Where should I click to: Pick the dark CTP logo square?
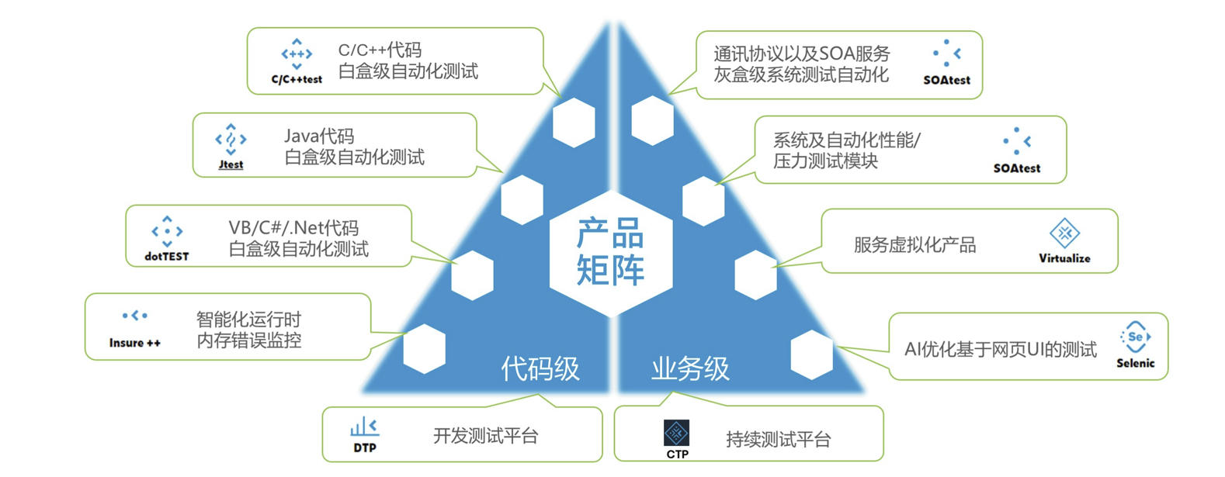tap(677, 433)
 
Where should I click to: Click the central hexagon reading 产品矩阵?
tap(611, 252)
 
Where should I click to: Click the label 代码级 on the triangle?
tap(540, 368)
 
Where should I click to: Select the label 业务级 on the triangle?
tap(690, 368)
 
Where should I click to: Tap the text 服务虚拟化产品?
tap(914, 245)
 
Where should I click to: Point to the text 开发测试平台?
tap(485, 436)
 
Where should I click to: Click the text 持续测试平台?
tap(778, 440)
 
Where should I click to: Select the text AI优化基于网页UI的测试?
tap(1001, 349)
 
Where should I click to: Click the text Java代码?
tap(319, 136)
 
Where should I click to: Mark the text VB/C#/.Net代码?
tap(293, 228)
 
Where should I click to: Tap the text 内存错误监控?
tap(249, 340)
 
